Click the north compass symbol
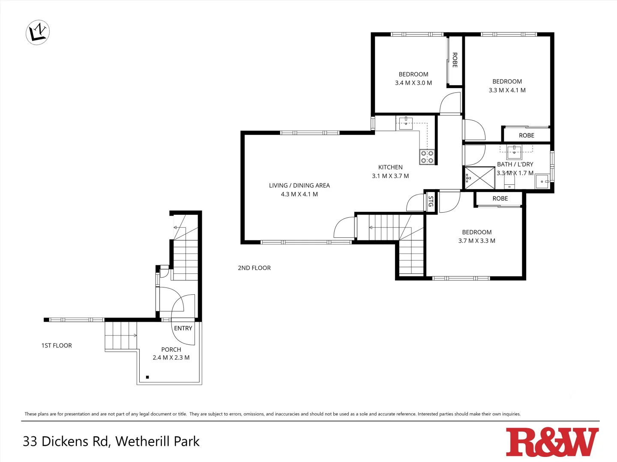coord(38,32)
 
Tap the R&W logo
coord(552,442)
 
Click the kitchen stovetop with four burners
coord(427,157)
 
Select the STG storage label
coord(431,201)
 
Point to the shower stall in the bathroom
coord(480,178)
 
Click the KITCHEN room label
coord(390,167)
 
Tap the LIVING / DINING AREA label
coord(300,185)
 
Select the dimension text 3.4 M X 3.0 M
coord(413,83)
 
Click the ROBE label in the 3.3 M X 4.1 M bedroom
coord(527,135)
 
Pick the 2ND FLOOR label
coord(254,268)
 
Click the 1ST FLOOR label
coord(57,345)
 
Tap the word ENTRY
coord(183,328)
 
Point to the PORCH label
coord(171,349)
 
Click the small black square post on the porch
coord(147,377)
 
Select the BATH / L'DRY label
coord(515,164)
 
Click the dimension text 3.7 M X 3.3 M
coord(477,241)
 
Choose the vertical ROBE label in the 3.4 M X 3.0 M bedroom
coord(455,60)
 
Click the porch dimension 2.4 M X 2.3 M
coord(171,358)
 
